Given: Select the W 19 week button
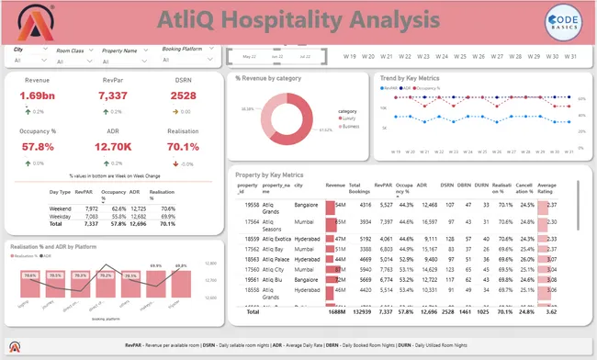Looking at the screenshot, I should pyautogui.click(x=349, y=56).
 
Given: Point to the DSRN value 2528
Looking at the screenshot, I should pyautogui.click(x=184, y=96).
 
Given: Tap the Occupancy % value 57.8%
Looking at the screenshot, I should pyautogui.click(x=38, y=146).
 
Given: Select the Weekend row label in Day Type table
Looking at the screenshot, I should pyautogui.click(x=61, y=208).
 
